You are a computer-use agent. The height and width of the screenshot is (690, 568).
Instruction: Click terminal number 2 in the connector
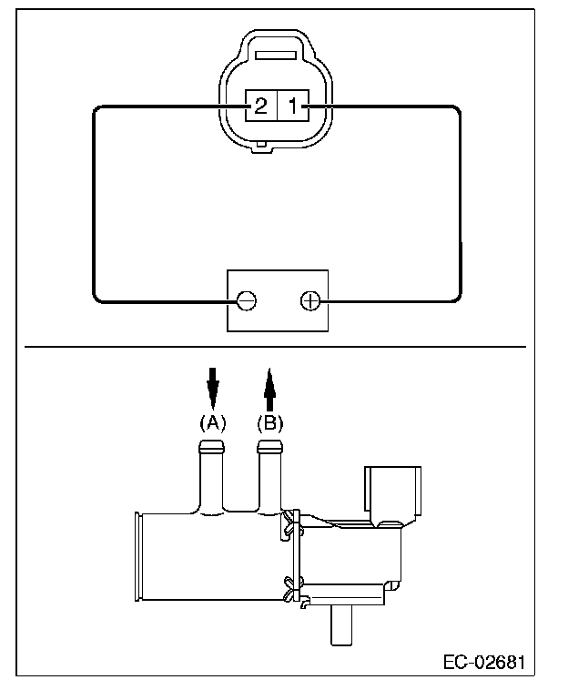coord(261,106)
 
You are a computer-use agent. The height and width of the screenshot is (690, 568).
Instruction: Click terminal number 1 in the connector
coord(293,106)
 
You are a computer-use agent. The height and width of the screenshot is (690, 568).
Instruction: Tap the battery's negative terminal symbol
coord(247,300)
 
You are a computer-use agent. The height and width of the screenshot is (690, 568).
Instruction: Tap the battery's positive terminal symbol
coord(310,300)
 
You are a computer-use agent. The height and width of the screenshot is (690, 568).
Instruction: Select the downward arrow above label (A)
coord(213,388)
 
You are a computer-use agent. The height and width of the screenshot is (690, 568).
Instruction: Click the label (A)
coord(213,423)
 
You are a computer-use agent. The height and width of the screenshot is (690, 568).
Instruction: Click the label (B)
coord(270,423)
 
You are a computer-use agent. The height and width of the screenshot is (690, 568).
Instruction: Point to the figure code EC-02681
coord(484,663)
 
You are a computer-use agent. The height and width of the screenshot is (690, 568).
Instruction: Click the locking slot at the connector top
coord(276,55)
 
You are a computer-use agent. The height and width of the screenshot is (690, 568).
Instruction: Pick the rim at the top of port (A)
coord(211,446)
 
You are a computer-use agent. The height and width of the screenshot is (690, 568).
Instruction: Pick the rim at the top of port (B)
coord(269,446)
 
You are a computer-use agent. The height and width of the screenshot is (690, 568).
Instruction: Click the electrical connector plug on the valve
coord(392,492)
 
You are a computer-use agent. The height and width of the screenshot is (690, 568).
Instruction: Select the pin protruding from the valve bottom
coord(341,624)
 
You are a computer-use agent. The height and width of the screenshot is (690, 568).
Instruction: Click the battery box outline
coord(278,270)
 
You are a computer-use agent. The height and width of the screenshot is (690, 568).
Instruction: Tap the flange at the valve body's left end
coord(137,556)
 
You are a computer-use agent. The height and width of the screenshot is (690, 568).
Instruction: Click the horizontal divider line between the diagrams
coord(276,347)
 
